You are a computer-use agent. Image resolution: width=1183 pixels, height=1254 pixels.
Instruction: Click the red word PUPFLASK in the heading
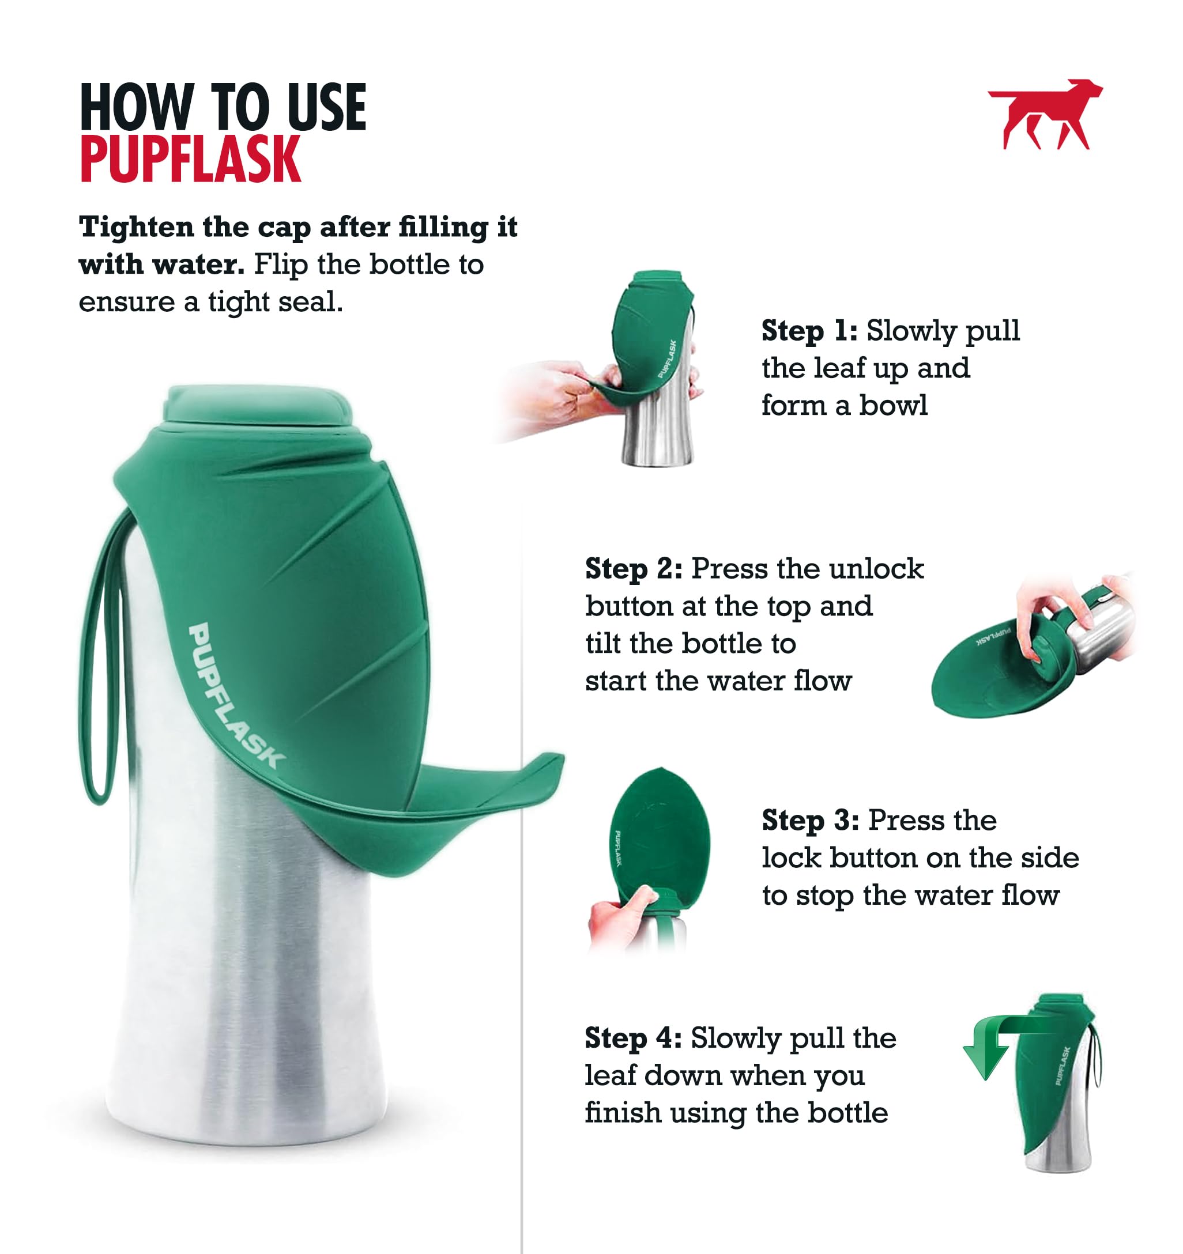(x=191, y=160)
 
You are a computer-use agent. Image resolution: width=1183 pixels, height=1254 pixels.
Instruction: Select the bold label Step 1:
(x=809, y=331)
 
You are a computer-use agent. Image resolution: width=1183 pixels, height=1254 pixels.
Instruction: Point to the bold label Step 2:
(x=634, y=569)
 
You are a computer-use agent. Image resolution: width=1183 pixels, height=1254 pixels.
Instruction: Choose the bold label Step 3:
(x=810, y=821)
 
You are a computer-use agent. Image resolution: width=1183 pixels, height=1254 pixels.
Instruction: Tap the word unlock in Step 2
(x=876, y=569)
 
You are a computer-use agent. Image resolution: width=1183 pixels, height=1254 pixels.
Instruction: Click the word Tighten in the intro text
(x=135, y=227)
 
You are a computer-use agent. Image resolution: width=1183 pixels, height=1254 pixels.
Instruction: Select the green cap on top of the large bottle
(x=258, y=406)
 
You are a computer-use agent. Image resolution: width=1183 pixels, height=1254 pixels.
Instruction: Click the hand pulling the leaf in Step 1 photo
(x=555, y=391)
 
